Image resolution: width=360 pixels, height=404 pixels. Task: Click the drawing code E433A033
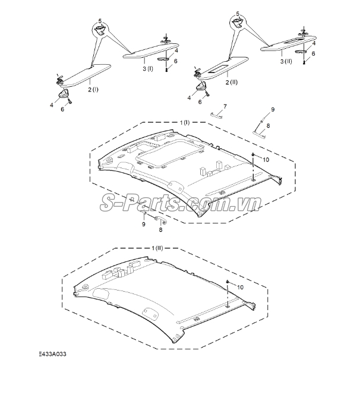tap(52, 353)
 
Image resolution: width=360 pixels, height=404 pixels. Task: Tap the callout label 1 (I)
tap(185, 122)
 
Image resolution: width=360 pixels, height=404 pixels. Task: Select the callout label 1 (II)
tap(157, 248)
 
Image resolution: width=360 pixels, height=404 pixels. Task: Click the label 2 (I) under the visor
tap(93, 90)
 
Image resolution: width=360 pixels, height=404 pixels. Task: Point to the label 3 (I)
tap(148, 68)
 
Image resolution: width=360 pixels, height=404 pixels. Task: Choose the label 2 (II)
tap(232, 82)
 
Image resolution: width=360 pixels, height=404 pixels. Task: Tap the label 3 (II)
tap(286, 61)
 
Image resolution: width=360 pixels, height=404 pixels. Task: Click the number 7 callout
tap(225, 106)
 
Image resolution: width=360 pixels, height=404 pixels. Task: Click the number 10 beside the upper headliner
tap(266, 160)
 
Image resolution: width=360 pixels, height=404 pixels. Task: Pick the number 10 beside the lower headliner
tap(240, 287)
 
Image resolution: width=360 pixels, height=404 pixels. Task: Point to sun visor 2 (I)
tap(85, 75)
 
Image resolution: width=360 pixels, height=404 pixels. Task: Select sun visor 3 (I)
tap(151, 50)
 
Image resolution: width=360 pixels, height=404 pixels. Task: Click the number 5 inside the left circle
tap(100, 21)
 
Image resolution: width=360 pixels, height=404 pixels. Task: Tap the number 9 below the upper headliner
tap(144, 224)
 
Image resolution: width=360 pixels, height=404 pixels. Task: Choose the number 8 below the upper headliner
tap(160, 229)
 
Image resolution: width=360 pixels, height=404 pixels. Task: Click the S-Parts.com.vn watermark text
tap(181, 203)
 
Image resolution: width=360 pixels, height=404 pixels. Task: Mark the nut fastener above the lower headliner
tap(228, 282)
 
